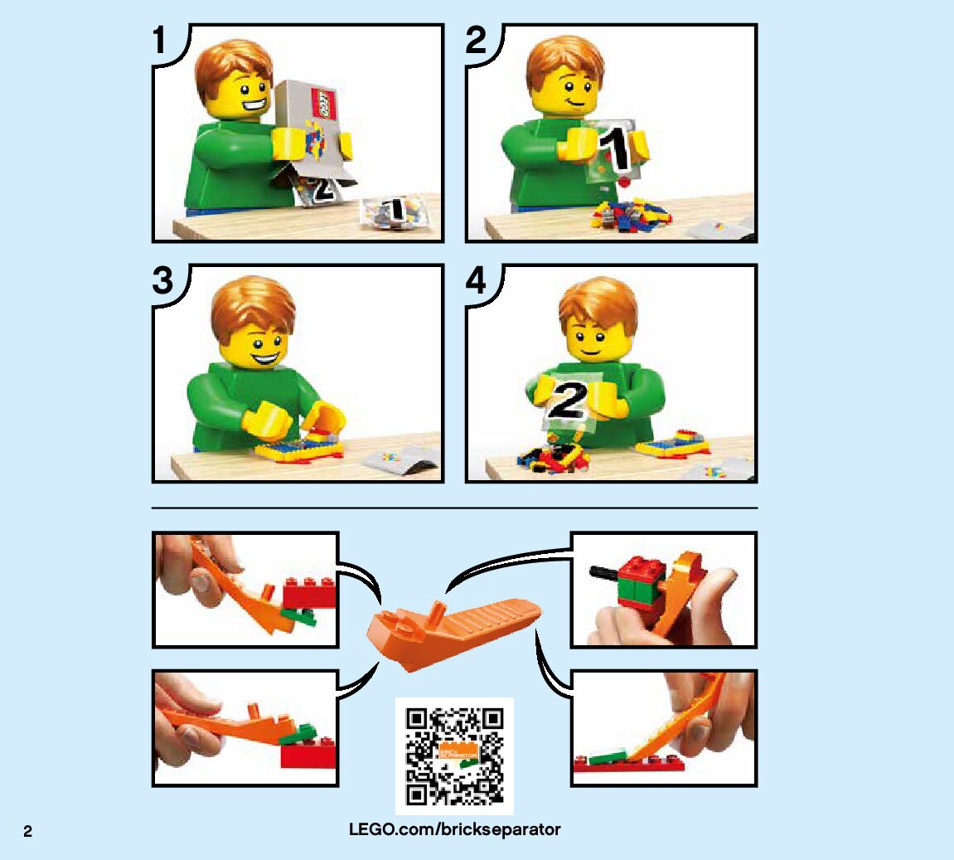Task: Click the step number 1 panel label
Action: click(159, 40)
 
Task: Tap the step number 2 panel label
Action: click(476, 40)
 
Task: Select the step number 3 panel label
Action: click(162, 280)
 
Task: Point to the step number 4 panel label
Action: click(476, 280)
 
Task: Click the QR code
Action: click(454, 756)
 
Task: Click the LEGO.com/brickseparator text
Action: click(454, 829)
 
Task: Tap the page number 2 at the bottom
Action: click(27, 832)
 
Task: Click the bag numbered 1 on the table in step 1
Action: click(395, 213)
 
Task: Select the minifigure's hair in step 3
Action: click(253, 304)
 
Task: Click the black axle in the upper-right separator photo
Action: click(606, 572)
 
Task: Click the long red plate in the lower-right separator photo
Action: click(630, 763)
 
